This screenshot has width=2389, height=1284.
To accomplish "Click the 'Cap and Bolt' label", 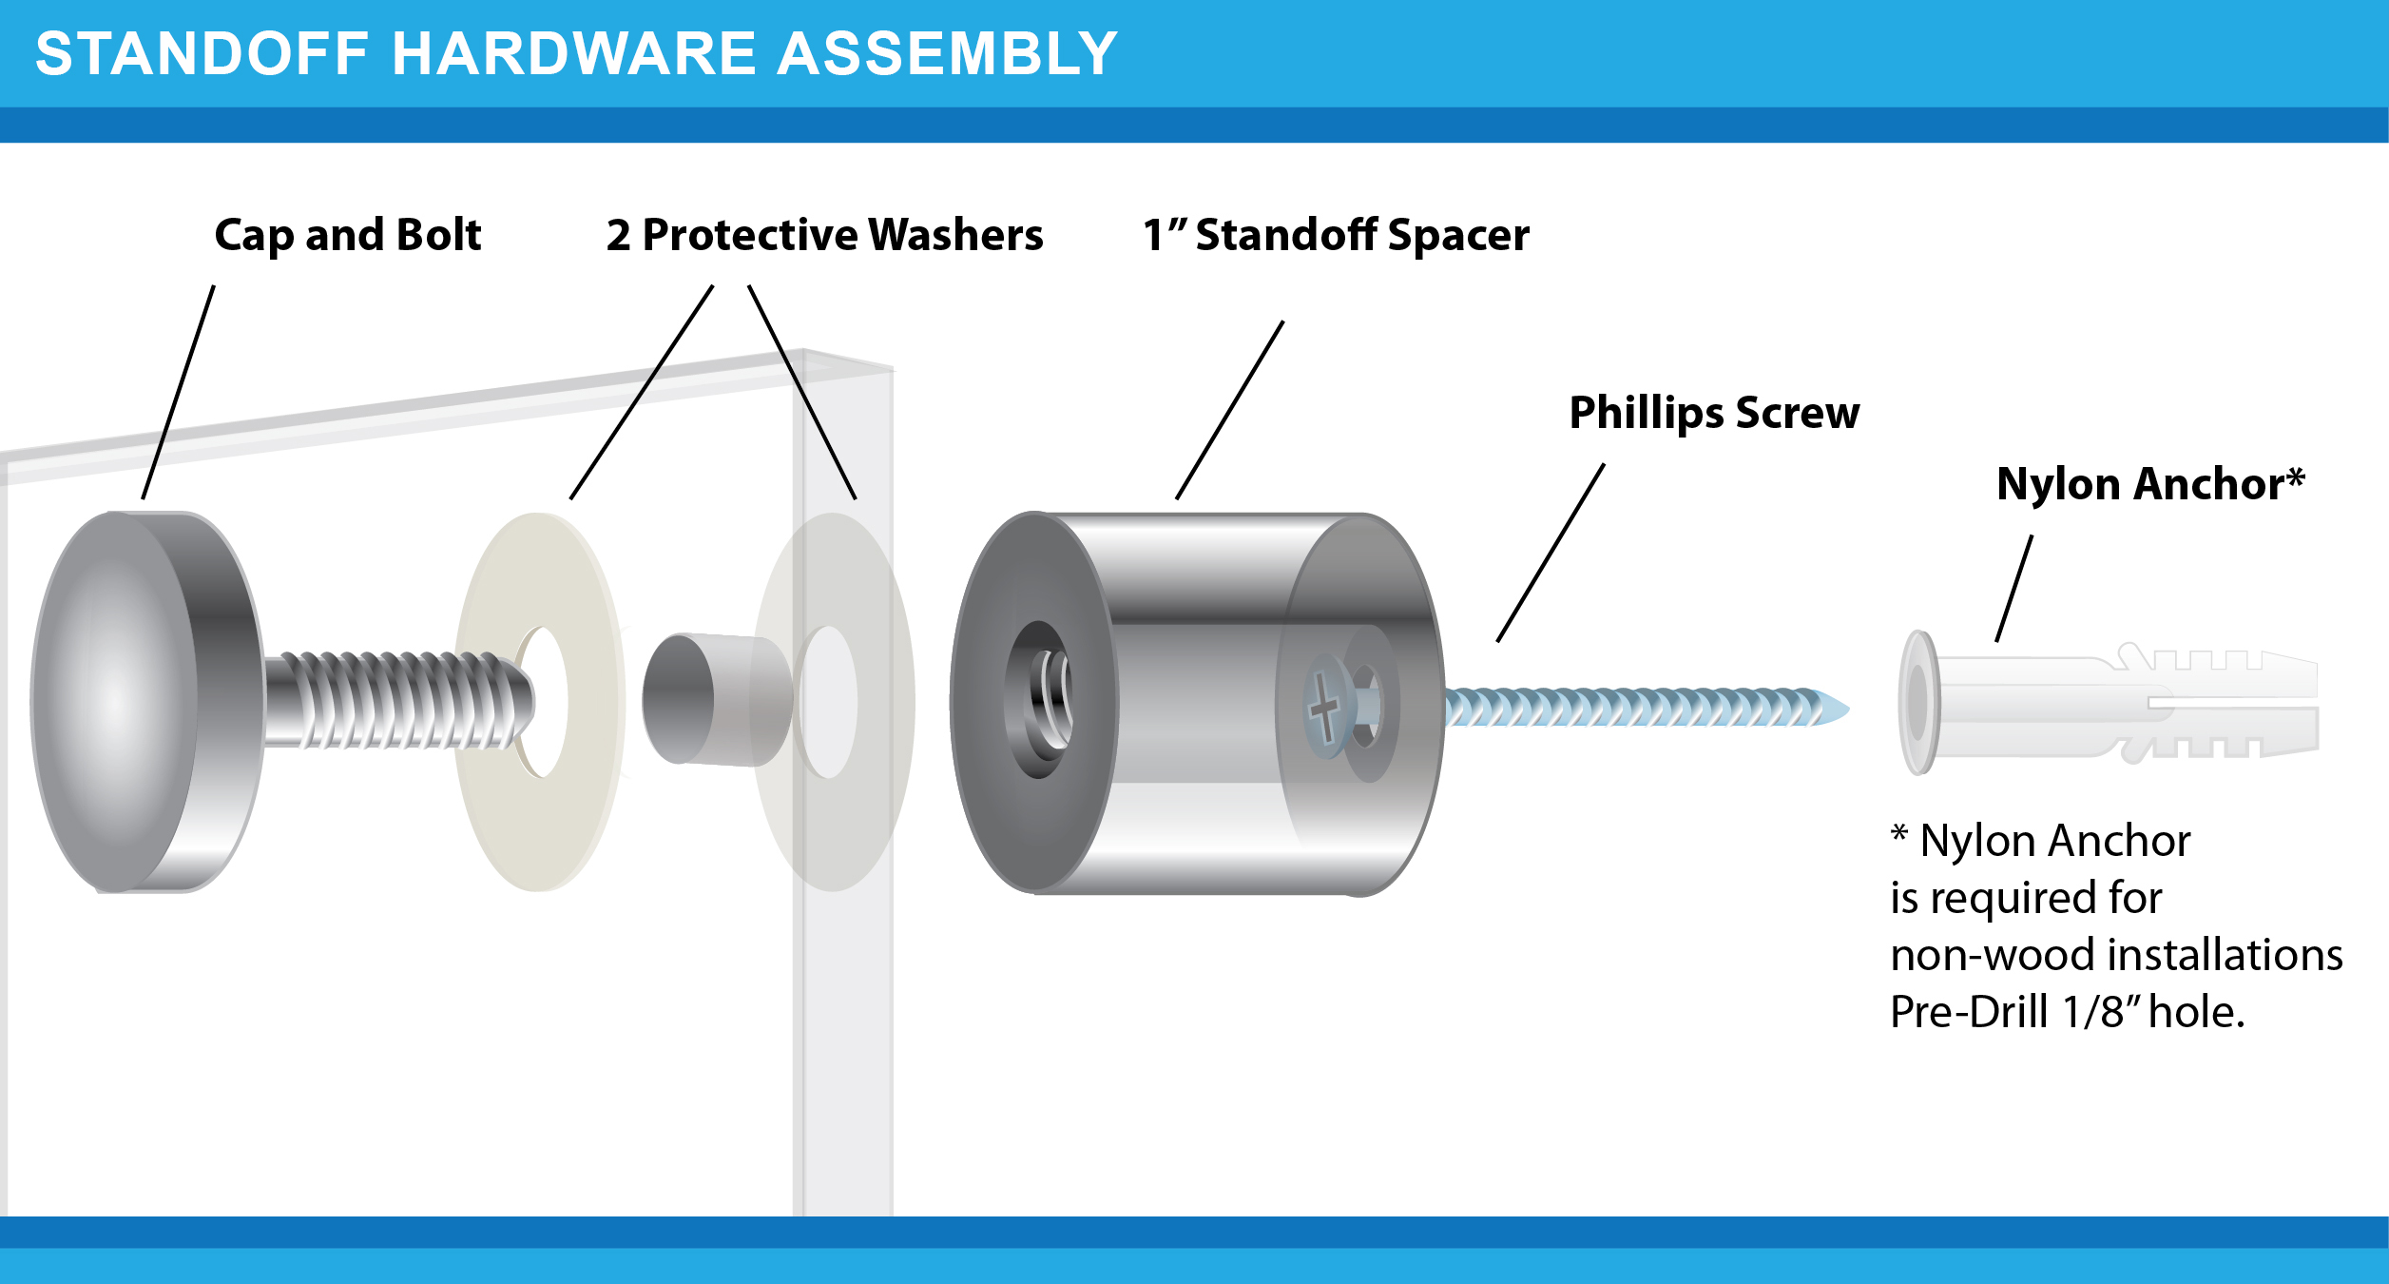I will point(348,235).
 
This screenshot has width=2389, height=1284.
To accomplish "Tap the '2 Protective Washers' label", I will point(824,235).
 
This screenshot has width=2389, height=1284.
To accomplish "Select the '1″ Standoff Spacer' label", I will point(1336,235).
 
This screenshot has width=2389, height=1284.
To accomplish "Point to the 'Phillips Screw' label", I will point(1714,413).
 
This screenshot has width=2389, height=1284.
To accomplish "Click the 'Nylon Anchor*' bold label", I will point(2150,484).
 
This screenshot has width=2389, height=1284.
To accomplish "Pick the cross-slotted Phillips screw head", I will point(1324,709).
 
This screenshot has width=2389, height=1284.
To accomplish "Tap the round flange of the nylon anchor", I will point(1917,702).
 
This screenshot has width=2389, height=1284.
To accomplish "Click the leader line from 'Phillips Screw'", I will point(1551,553).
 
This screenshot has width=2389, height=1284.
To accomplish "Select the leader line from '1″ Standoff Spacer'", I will point(1229,410).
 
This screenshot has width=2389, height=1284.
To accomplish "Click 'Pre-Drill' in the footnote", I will point(1969,1012).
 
